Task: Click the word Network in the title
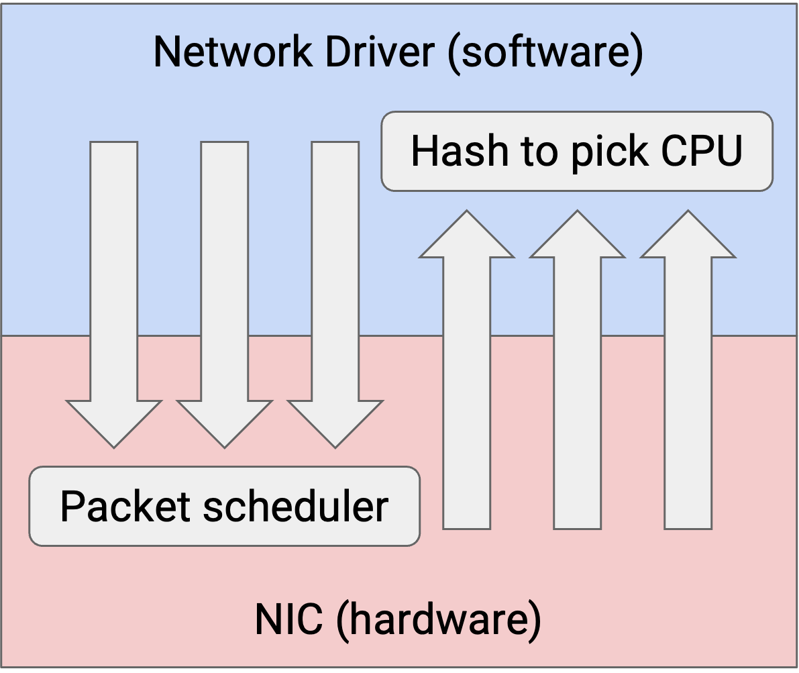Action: (233, 52)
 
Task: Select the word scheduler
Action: (296, 506)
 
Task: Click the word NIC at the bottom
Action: (288, 619)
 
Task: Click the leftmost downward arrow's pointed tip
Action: (114, 448)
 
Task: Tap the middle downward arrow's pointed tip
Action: (225, 448)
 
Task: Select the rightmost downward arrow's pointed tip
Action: (335, 448)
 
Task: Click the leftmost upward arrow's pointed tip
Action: (467, 211)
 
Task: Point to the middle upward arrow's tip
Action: (578, 211)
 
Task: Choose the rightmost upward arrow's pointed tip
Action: (688, 211)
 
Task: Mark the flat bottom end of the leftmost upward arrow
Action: (467, 529)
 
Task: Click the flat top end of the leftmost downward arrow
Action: (114, 142)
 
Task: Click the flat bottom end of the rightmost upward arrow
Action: (688, 529)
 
